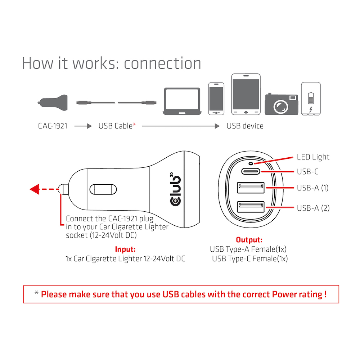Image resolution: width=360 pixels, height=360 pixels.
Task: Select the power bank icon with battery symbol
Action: [x=311, y=99]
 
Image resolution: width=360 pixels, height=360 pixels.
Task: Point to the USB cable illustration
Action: [x=116, y=103]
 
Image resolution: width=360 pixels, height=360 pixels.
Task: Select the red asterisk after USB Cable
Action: [x=134, y=125]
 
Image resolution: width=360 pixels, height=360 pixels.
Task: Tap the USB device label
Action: [x=245, y=126]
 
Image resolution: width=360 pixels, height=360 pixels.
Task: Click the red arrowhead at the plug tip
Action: [x=35, y=189]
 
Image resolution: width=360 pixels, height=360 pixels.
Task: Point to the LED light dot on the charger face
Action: [x=251, y=163]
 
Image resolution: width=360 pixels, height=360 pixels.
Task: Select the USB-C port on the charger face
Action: [x=251, y=172]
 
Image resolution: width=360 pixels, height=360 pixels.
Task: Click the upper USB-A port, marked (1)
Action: [x=251, y=188]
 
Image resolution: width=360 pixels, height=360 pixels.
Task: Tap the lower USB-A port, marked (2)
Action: [x=251, y=208]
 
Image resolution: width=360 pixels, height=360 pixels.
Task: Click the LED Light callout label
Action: [x=313, y=157]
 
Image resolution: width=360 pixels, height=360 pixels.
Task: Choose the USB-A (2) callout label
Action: [x=313, y=208]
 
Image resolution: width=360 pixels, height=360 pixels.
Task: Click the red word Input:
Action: [x=125, y=249]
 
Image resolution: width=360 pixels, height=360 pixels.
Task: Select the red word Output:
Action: [x=249, y=240]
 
